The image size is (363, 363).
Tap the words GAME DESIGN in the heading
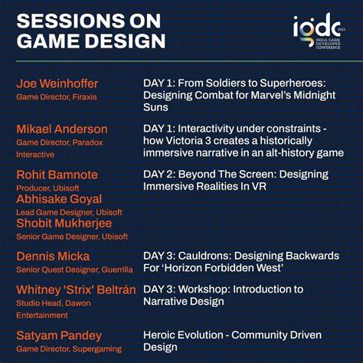[x=91, y=41]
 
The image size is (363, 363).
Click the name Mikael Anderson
[x=62, y=129]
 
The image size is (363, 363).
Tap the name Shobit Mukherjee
[x=64, y=223]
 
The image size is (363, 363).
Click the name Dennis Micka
[x=53, y=256]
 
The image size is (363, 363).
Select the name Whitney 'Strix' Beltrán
[x=75, y=289]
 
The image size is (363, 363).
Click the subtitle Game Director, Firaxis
[x=57, y=97]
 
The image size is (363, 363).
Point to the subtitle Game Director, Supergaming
[x=68, y=348]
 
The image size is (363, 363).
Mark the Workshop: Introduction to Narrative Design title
[x=224, y=295]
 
